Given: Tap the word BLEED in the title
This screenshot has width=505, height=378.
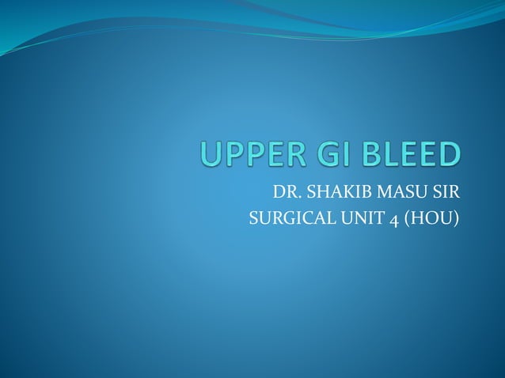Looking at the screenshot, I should tap(404, 156).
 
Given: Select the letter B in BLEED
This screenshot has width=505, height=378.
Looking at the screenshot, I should tap(357, 156).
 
